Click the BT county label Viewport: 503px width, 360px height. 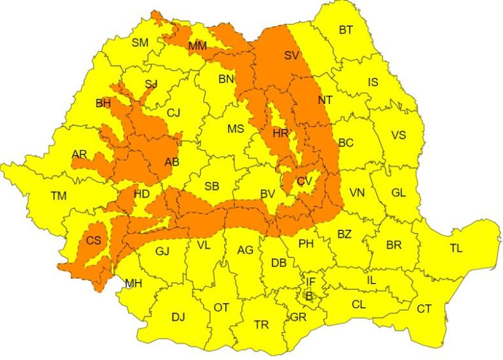click(x=345, y=29)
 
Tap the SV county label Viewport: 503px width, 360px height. click(x=291, y=56)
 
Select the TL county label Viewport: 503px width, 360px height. click(x=456, y=248)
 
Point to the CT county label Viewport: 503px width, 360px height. click(x=424, y=308)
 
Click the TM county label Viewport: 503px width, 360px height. click(x=58, y=195)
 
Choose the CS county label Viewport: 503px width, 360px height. click(x=94, y=240)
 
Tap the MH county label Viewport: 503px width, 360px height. click(x=134, y=283)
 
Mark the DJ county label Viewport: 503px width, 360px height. click(x=178, y=317)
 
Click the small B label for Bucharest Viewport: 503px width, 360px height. click(x=309, y=296)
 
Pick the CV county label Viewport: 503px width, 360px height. click(x=304, y=181)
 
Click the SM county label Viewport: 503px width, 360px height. click(x=140, y=43)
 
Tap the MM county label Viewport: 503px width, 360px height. click(x=197, y=46)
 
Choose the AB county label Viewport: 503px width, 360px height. click(x=172, y=162)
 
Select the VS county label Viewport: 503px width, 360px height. click(x=398, y=135)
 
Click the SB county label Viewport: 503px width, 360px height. click(x=212, y=187)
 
